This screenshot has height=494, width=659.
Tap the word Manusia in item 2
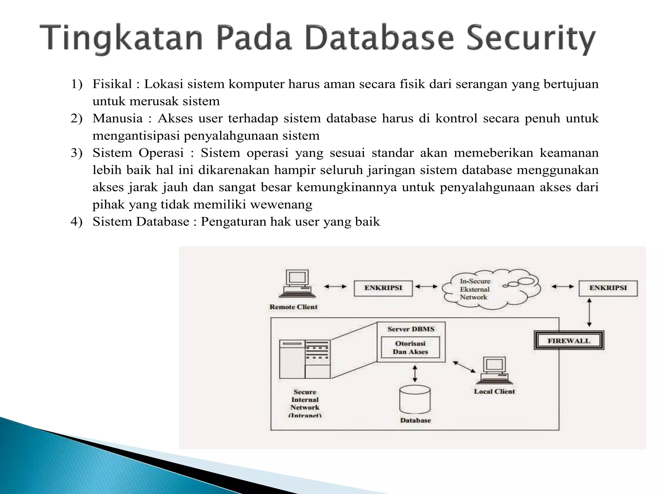pos(117,119)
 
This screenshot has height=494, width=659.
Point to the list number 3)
pos(77,153)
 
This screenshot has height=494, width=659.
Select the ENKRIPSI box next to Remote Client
pos(383,288)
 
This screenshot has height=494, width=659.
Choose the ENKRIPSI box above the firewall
pos(608,288)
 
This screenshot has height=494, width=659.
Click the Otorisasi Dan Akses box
pos(410,348)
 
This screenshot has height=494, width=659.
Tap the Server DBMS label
pos(411,329)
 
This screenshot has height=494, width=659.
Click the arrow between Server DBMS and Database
pos(415,373)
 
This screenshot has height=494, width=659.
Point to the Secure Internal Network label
pos(305,403)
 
